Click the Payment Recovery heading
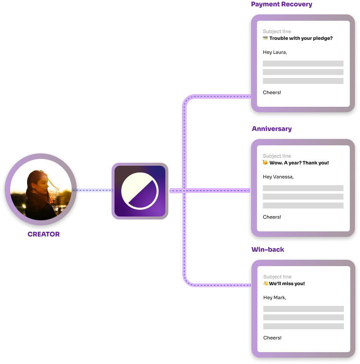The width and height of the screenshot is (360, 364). point(282,5)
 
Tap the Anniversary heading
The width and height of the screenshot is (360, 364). point(272,129)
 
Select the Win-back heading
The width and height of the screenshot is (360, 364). point(268,250)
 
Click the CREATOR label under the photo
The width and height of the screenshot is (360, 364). point(44,234)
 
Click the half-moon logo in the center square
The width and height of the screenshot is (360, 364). point(140,191)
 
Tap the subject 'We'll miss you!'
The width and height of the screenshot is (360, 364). point(287,284)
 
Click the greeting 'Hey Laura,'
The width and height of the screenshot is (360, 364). point(275,53)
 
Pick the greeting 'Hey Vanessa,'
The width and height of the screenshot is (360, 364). point(278,177)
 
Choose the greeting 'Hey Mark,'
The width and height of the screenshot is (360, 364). point(275,298)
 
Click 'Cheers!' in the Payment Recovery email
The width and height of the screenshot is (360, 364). point(272,92)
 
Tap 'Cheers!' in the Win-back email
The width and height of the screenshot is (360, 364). point(272,338)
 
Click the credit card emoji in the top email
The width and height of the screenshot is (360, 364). point(265,38)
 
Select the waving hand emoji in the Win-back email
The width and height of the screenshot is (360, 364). point(266,283)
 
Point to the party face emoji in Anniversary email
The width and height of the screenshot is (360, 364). point(265,163)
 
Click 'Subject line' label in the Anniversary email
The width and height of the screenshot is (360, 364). point(277,156)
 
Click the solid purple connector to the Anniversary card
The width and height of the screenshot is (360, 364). point(218,191)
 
